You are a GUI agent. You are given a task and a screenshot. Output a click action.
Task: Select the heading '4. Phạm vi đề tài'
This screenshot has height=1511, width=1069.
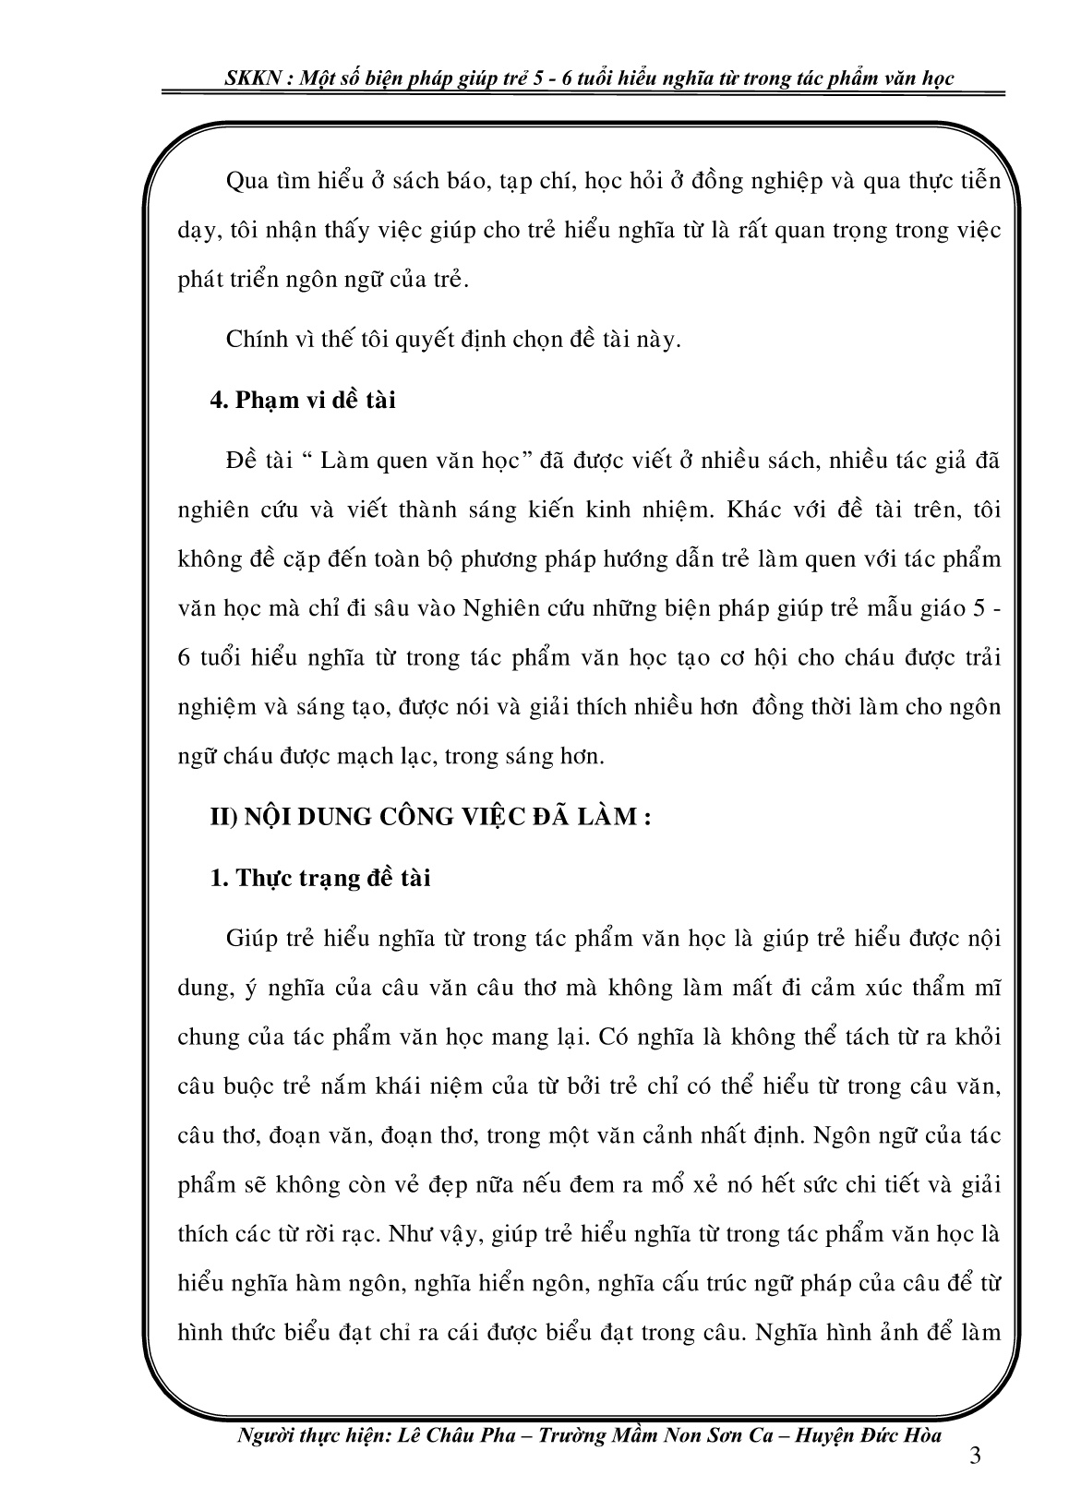click(x=303, y=401)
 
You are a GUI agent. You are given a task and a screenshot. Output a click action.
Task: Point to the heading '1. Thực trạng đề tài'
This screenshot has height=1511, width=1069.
click(x=320, y=878)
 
